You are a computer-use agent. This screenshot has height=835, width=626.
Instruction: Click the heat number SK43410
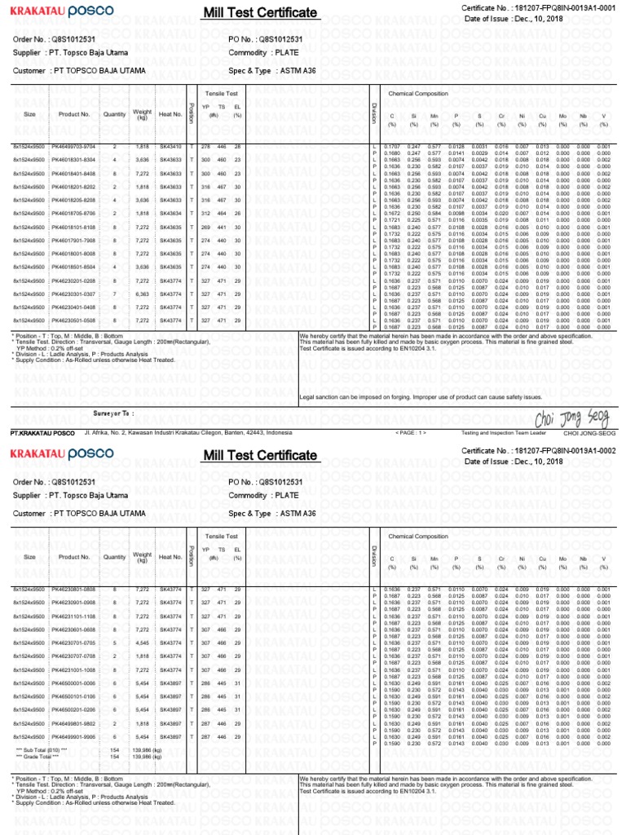pos(170,146)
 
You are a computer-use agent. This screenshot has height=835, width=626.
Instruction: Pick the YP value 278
pos(205,146)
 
